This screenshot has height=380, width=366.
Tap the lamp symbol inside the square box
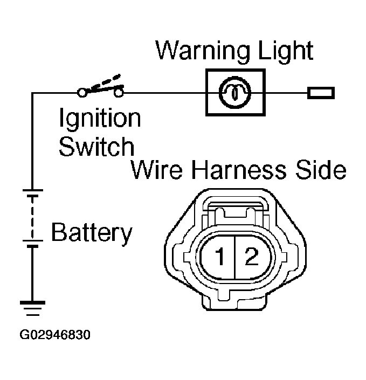point(235,93)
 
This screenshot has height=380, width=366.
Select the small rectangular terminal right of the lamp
point(321,93)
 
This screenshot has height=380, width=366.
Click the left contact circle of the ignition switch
point(82,93)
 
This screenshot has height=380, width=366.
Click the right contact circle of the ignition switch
point(119,93)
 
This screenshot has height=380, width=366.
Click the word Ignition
point(100,119)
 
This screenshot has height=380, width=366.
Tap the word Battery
point(92,234)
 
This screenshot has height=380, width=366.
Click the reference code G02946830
point(55,335)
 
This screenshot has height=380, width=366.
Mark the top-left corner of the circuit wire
point(33,93)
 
